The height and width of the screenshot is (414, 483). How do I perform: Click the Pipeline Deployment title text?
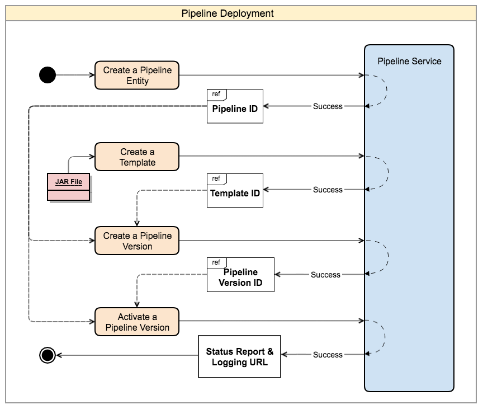click(x=228, y=13)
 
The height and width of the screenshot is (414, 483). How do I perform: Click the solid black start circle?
click(x=48, y=74)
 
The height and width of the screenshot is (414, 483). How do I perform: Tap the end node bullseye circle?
click(x=48, y=355)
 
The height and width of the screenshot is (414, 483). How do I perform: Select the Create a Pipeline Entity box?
click(x=137, y=75)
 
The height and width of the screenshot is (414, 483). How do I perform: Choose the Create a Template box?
click(x=137, y=157)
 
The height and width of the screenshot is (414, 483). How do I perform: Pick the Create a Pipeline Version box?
click(x=137, y=241)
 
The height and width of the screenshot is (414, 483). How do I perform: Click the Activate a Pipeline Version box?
click(x=137, y=322)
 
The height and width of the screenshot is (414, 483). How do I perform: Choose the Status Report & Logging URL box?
click(x=240, y=356)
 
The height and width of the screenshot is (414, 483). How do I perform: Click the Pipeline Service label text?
click(x=409, y=62)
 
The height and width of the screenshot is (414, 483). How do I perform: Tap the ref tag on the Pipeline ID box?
click(x=216, y=95)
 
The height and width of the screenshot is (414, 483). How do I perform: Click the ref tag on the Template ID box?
click(x=216, y=178)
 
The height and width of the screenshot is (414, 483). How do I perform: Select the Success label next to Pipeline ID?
click(x=328, y=106)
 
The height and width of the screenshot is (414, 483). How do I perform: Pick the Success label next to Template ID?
click(x=328, y=190)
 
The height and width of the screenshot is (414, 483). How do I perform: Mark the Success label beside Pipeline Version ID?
click(x=325, y=275)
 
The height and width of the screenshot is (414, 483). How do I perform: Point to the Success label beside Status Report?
click(x=328, y=355)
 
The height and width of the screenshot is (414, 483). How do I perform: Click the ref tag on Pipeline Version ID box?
click(x=216, y=262)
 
